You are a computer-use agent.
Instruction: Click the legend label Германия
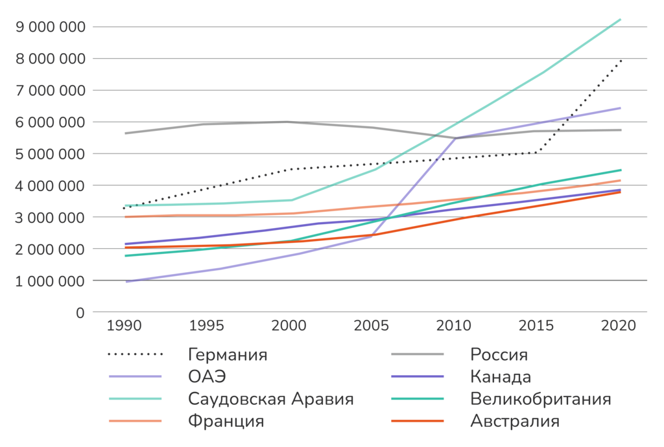227,355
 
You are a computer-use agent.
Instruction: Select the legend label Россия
499,355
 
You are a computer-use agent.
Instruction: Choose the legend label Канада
500,376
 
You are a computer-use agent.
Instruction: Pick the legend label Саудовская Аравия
270,398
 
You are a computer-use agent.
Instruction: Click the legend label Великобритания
539,398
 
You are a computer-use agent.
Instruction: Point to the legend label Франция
226,421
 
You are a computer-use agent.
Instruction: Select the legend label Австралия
514,421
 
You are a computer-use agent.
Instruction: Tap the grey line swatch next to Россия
416,355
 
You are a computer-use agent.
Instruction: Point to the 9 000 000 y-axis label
49,27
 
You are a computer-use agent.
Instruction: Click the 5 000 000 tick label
49,154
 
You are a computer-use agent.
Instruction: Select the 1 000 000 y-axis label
49,281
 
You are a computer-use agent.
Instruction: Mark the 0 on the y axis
80,313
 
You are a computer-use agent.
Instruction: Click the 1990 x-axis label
123,326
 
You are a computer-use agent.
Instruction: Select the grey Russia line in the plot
207,124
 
